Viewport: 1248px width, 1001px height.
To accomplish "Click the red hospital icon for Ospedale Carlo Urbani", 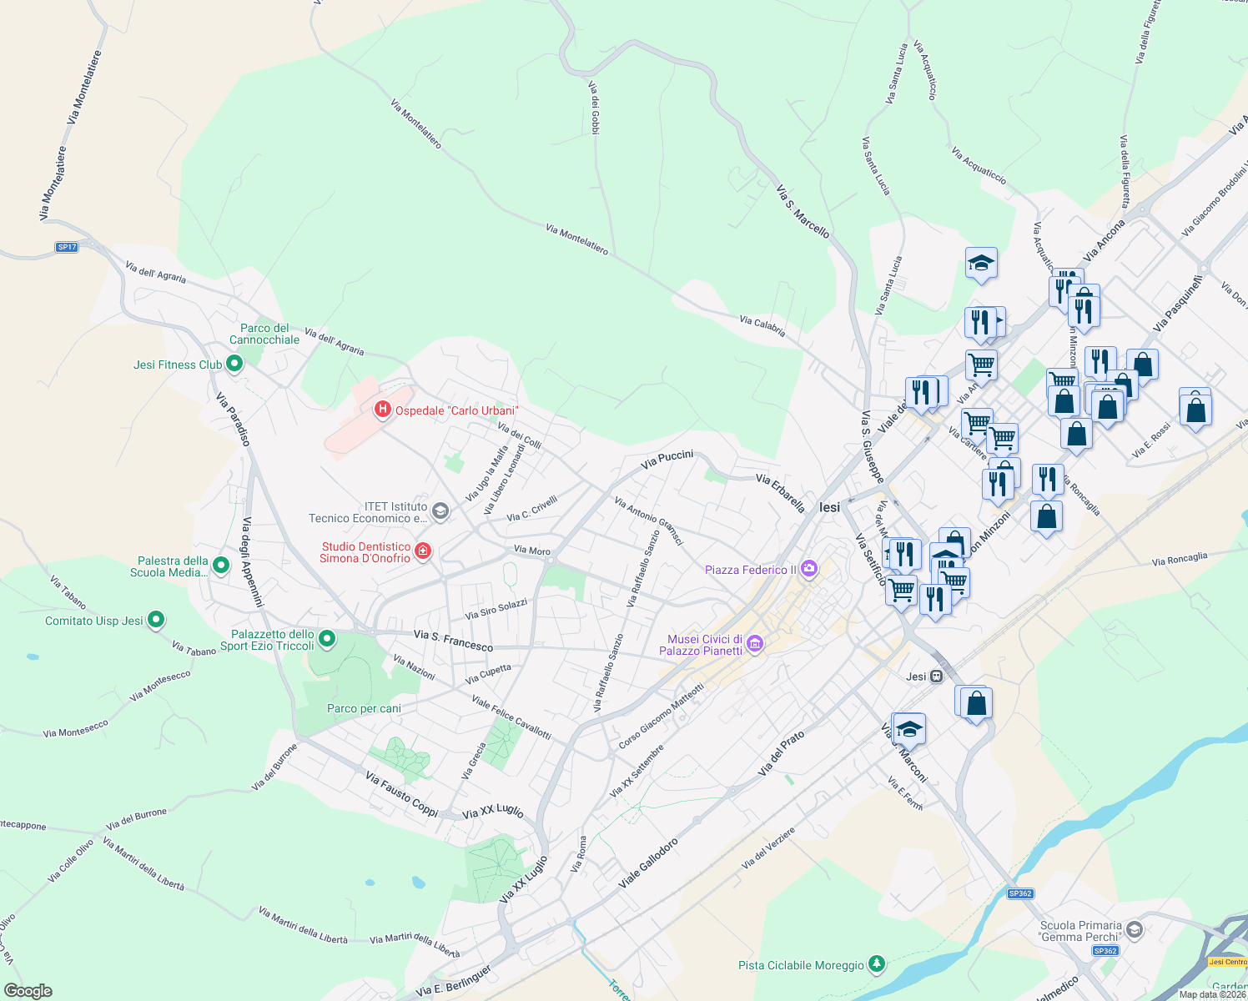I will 383,410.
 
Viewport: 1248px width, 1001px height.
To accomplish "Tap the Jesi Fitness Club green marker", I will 234,364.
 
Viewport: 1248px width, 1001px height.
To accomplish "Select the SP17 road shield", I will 67,247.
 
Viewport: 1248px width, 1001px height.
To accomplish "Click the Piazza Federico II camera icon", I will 808,569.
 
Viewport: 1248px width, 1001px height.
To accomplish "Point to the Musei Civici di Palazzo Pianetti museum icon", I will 754,643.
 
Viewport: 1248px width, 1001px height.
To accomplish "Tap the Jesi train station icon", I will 937,676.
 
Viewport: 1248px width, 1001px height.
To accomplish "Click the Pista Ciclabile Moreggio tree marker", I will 876,964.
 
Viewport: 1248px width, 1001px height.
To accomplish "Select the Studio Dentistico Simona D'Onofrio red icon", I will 423,551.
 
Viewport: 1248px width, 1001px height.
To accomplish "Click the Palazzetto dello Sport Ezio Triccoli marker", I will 327,640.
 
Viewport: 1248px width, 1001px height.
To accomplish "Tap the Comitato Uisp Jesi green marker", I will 156,620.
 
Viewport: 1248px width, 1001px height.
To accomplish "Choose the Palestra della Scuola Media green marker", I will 220,566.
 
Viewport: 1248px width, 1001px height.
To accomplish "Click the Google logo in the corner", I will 28,991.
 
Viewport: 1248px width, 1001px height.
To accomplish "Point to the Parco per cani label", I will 364,708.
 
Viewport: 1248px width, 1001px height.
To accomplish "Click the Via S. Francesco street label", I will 453,641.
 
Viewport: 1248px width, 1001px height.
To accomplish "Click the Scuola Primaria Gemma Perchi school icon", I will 1134,929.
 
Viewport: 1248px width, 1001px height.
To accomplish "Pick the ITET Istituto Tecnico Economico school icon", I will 440,511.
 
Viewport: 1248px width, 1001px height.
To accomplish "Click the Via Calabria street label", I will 762,325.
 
